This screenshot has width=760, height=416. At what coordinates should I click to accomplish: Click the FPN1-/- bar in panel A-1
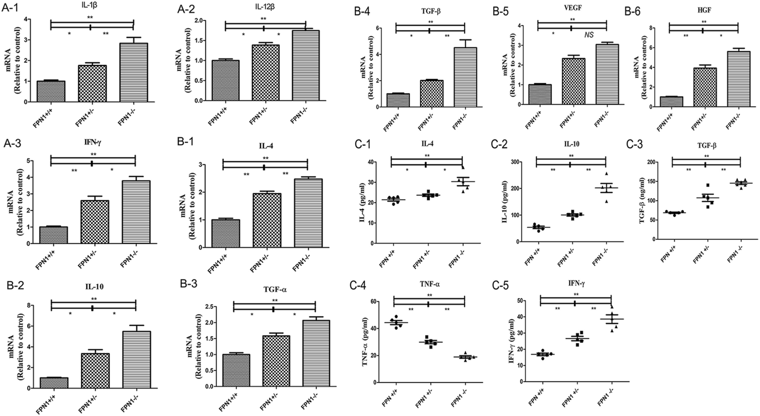(133, 73)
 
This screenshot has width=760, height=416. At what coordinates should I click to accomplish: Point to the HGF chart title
(703, 11)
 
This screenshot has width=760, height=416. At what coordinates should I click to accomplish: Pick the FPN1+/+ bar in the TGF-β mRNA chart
(398, 100)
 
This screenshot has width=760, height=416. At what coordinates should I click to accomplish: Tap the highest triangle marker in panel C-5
(612, 307)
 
